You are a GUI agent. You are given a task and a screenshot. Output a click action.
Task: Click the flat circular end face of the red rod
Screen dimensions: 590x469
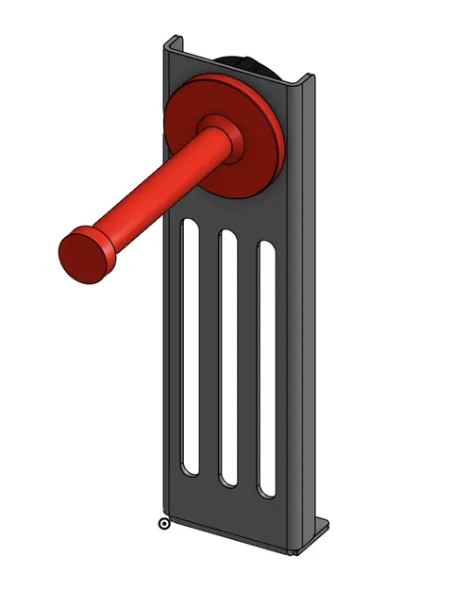(x=82, y=256)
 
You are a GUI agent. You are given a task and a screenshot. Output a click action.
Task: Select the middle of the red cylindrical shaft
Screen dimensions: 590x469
(x=156, y=194)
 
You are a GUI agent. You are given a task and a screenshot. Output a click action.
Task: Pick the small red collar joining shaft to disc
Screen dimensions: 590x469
(x=223, y=141)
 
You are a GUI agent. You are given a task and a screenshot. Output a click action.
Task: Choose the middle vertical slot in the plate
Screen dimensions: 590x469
(x=227, y=357)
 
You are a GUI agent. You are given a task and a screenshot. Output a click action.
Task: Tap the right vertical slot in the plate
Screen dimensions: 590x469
(x=266, y=368)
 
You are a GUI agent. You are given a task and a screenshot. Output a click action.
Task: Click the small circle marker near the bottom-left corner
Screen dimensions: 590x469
(x=164, y=523)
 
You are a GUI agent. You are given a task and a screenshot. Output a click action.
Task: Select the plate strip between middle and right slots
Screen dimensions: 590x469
(x=247, y=363)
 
